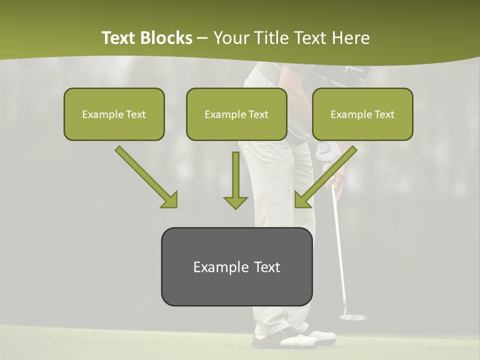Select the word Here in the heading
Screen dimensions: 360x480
point(351,38)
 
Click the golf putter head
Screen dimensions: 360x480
point(352,317)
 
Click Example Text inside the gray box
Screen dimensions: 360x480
point(236,267)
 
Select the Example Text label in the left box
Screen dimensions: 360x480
point(114,114)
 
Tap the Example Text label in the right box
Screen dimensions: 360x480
point(362,114)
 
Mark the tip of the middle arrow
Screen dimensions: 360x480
point(235,208)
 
